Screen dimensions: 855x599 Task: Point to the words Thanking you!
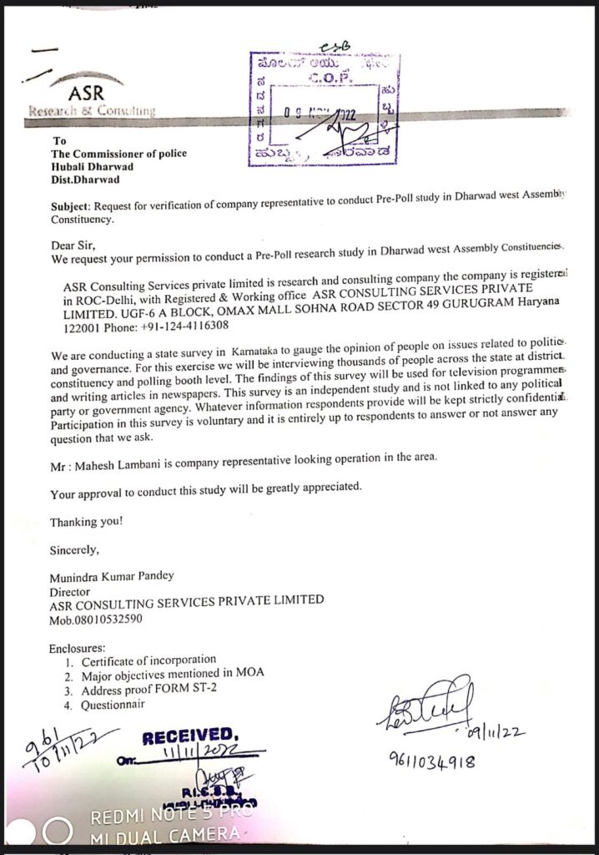(87, 522)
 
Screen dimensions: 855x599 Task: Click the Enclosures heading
(77, 647)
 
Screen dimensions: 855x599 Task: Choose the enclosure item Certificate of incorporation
(148, 660)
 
